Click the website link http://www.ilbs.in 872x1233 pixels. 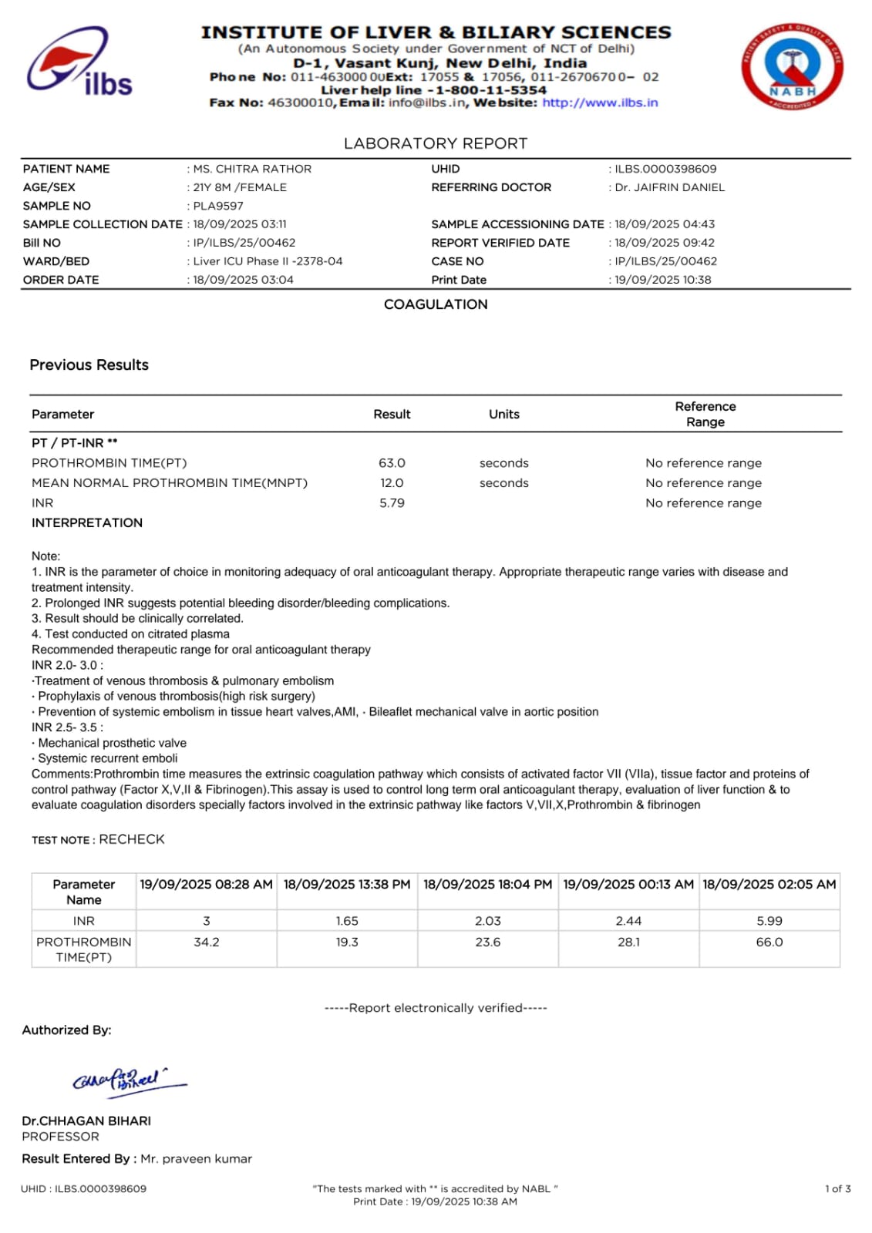click(x=600, y=102)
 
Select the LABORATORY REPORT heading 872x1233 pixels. click(x=436, y=143)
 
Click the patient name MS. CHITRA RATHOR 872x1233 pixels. click(x=252, y=169)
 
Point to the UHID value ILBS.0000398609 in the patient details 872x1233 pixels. click(x=665, y=169)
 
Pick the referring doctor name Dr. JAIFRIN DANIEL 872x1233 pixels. click(x=669, y=187)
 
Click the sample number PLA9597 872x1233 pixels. click(x=218, y=206)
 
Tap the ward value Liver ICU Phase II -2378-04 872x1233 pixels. click(x=268, y=261)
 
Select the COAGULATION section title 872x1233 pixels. click(x=436, y=304)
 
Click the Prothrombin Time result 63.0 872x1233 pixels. click(x=392, y=463)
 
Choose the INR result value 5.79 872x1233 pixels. click(x=392, y=503)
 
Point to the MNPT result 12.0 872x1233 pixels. click(x=392, y=483)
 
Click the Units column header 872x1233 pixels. click(x=504, y=415)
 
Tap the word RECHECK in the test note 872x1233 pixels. click(x=132, y=839)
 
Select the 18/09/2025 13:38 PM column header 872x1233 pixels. click(x=347, y=885)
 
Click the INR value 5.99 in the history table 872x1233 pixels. click(x=769, y=921)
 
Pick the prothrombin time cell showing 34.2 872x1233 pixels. click(x=207, y=942)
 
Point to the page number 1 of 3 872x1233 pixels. click(x=837, y=1189)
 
